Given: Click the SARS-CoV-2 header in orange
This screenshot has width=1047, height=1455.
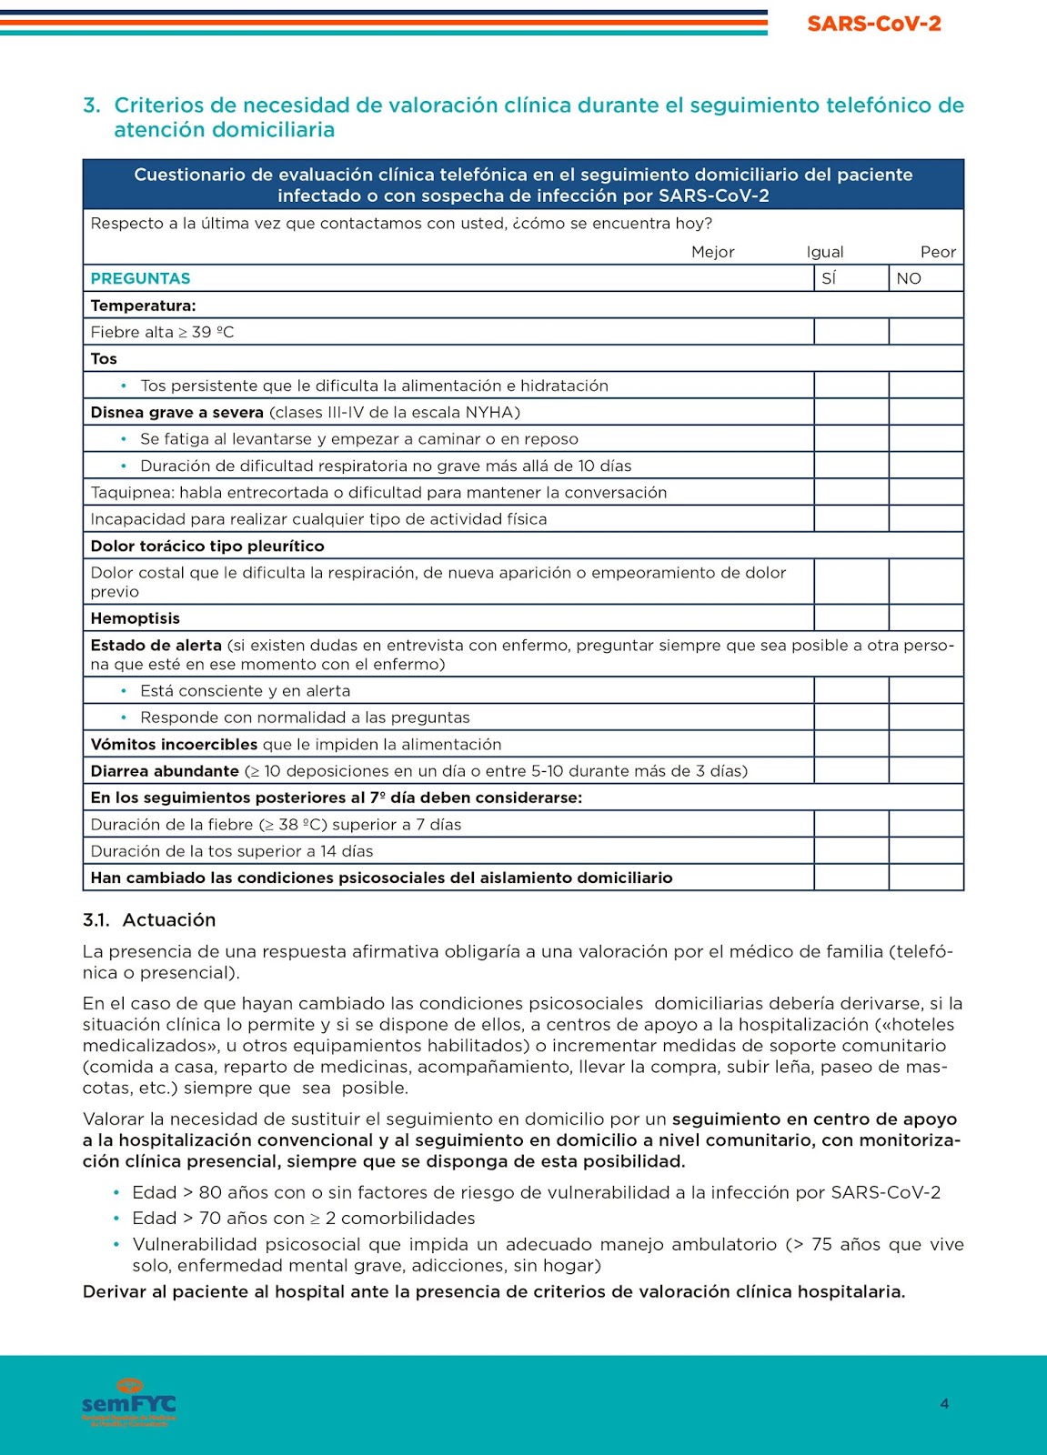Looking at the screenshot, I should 873,24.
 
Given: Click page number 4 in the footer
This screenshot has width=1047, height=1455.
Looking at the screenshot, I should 944,1403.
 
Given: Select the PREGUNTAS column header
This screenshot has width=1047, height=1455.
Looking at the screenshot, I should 140,278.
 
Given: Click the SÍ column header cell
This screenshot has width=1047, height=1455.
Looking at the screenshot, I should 851,278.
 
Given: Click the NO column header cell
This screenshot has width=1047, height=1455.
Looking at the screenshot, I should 925,278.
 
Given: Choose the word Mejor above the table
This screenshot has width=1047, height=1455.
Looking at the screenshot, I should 712,252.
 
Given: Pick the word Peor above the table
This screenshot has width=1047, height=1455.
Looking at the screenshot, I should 938,252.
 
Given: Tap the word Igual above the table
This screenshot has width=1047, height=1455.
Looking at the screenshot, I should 824,252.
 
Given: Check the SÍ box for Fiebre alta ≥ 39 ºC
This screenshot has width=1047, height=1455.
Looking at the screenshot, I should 851,332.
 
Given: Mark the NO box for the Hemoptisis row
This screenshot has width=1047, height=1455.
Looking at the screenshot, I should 925,618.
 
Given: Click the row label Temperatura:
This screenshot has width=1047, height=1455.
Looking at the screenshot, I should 143,306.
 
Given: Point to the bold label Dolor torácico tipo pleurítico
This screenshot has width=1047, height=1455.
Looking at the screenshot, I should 207,546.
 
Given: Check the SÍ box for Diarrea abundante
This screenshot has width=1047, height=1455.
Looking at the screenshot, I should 851,771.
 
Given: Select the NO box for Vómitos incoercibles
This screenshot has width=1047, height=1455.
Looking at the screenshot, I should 925,744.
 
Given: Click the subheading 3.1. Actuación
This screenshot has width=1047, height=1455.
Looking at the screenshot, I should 149,919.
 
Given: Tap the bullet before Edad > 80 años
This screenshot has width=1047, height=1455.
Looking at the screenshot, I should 116,1192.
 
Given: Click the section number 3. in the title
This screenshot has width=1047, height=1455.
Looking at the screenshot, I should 91,105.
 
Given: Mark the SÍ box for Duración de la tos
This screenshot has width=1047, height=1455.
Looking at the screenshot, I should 851,851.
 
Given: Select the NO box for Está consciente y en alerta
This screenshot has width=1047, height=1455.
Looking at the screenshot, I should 925,690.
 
